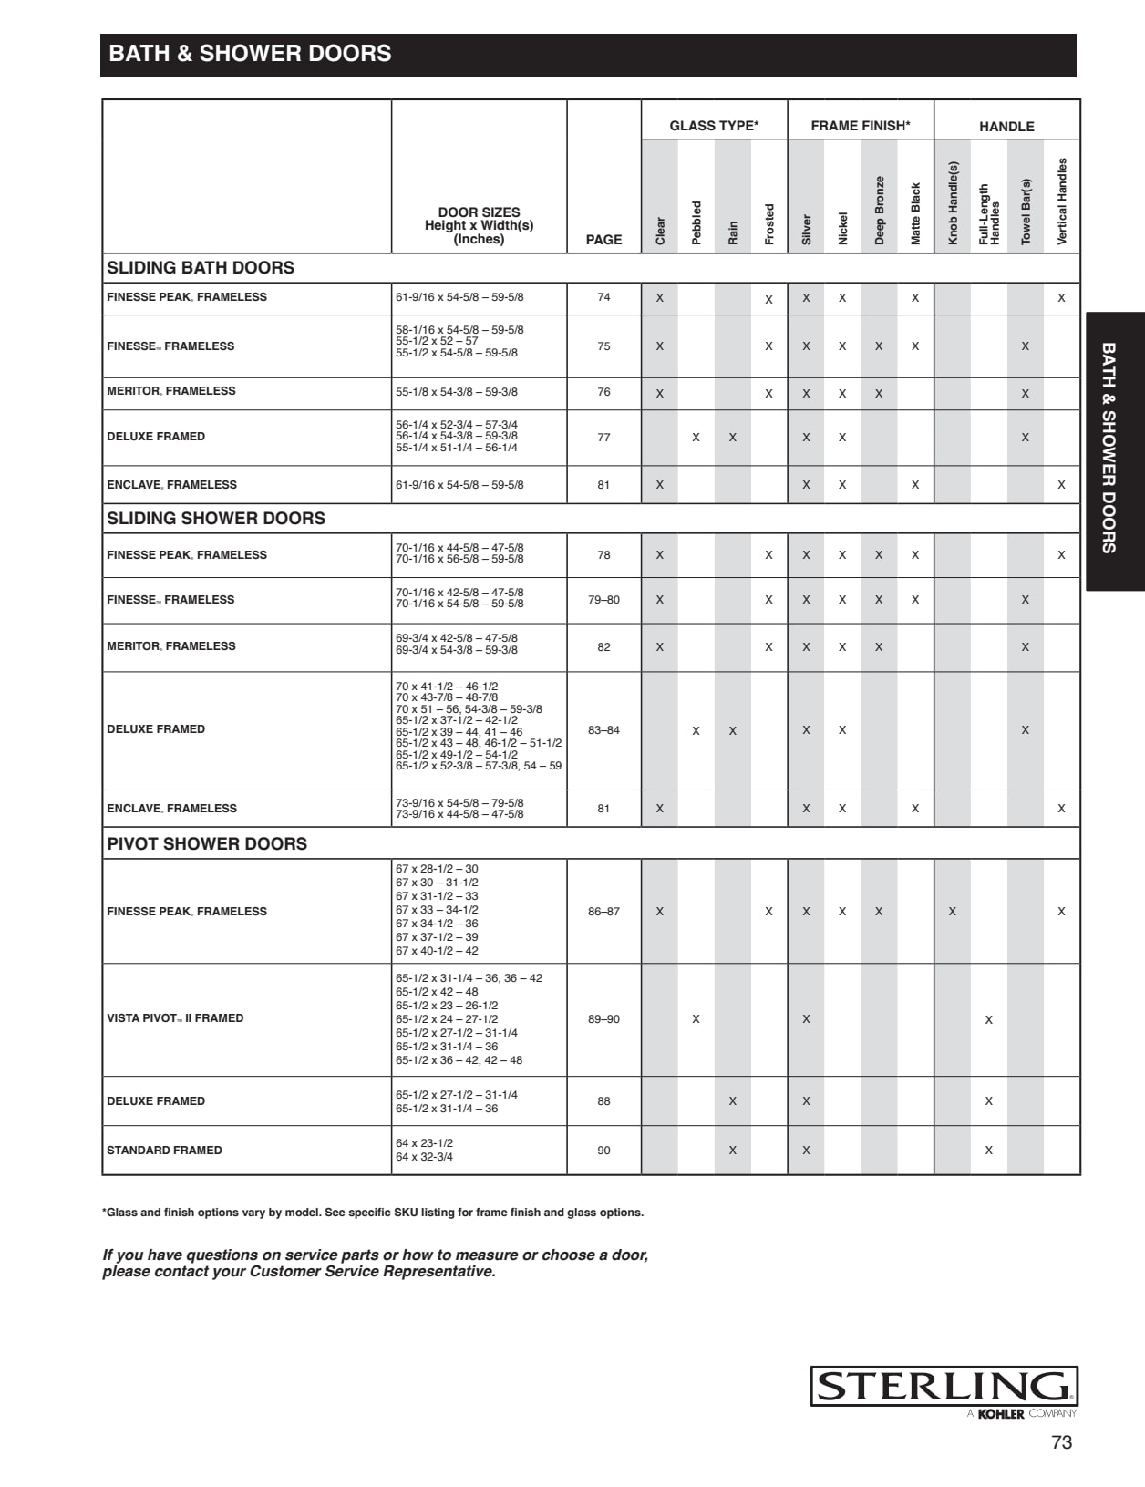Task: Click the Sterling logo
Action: click(x=944, y=1387)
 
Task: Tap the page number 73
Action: click(x=1061, y=1442)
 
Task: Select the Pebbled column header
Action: click(x=696, y=222)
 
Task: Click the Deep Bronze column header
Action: click(x=879, y=210)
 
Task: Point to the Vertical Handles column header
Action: click(x=1061, y=201)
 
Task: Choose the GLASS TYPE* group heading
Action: click(x=714, y=126)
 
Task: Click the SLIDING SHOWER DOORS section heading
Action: click(x=216, y=518)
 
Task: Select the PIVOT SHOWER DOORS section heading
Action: click(x=207, y=843)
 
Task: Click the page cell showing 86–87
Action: click(x=603, y=911)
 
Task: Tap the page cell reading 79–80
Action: click(x=603, y=599)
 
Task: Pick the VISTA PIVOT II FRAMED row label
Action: click(x=175, y=1018)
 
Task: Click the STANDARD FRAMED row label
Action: click(x=164, y=1151)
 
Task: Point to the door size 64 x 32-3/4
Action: click(x=424, y=1157)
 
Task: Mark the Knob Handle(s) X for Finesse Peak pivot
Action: click(x=952, y=912)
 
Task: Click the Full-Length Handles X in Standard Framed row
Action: click(x=988, y=1151)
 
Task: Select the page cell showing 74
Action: click(x=603, y=297)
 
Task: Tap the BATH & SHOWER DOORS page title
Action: click(x=250, y=54)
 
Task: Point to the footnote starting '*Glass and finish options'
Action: click(x=373, y=1213)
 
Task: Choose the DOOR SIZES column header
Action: click(x=479, y=225)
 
